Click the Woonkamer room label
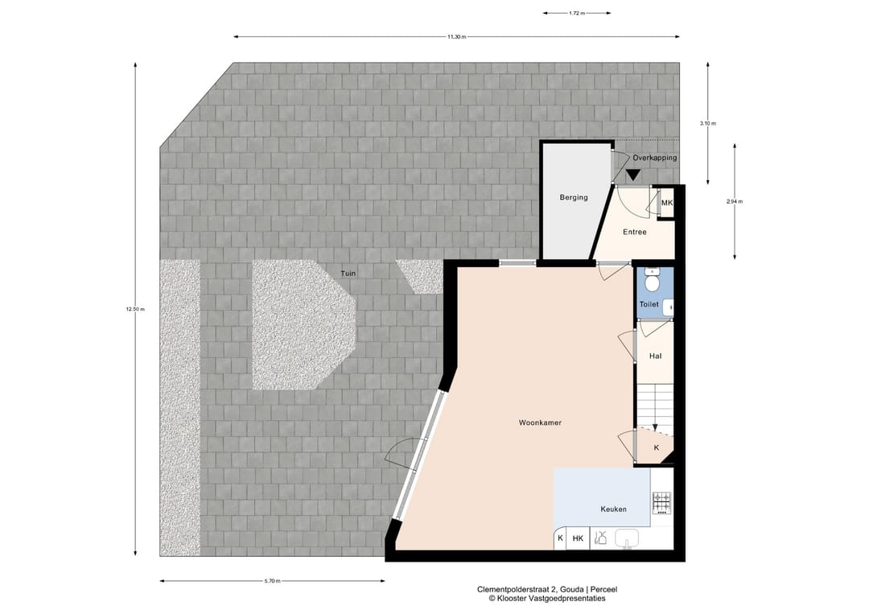pyautogui.click(x=539, y=422)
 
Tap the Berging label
pyautogui.click(x=574, y=197)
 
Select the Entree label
pyautogui.click(x=634, y=233)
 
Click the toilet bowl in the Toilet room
pyautogui.click(x=652, y=282)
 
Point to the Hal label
pyautogui.click(x=655, y=356)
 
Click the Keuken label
pyautogui.click(x=613, y=509)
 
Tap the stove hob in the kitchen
pyautogui.click(x=661, y=504)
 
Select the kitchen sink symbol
pyautogui.click(x=627, y=538)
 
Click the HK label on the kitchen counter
pyautogui.click(x=577, y=538)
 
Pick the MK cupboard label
pyautogui.click(x=666, y=204)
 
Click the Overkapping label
pyautogui.click(x=654, y=159)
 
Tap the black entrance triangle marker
pyautogui.click(x=633, y=174)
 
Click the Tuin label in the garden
pyautogui.click(x=348, y=274)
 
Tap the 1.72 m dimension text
pyautogui.click(x=575, y=14)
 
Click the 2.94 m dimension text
pyautogui.click(x=734, y=201)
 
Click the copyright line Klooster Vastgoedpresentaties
pyautogui.click(x=546, y=599)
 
